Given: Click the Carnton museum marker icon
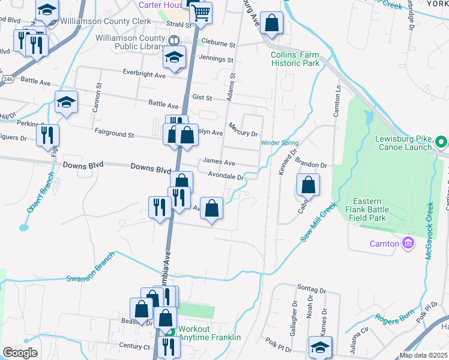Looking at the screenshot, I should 409,243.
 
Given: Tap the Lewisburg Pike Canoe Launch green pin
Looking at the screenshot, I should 441,143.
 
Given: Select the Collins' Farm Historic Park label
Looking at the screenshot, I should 295,58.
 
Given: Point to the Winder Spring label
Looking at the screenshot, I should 279,143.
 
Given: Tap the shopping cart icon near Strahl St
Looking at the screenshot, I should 202,11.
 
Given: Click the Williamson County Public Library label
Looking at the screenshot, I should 130,42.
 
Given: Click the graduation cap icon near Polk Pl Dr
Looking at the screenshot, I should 320,346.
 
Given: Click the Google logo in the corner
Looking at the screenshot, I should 20,353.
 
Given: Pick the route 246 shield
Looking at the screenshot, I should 7,79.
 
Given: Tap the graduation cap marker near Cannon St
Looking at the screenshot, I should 66,101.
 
